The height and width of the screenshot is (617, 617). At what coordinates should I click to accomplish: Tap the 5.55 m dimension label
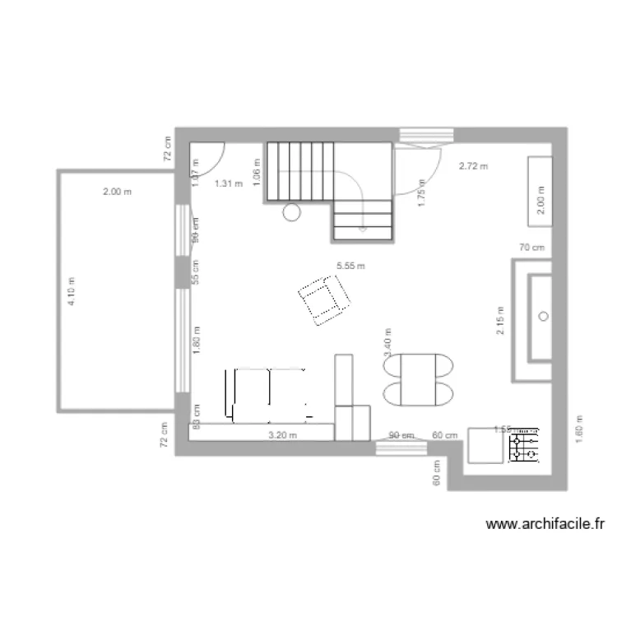tap(350, 266)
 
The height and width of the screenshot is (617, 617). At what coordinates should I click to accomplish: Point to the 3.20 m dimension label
tap(282, 436)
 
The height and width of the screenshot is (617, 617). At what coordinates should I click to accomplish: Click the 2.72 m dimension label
tap(472, 166)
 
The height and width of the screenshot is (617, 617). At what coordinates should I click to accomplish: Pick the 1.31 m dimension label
tap(229, 184)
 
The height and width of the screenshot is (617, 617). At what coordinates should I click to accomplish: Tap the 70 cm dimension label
tap(532, 247)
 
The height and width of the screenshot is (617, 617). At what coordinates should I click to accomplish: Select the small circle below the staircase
tap(291, 212)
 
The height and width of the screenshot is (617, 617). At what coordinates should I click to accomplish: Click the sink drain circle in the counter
tap(543, 315)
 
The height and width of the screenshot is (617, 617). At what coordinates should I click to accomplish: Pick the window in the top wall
tap(426, 135)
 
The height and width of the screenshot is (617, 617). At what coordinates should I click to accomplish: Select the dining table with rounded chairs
tap(418, 379)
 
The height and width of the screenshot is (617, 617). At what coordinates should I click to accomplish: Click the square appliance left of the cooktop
tap(485, 446)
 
